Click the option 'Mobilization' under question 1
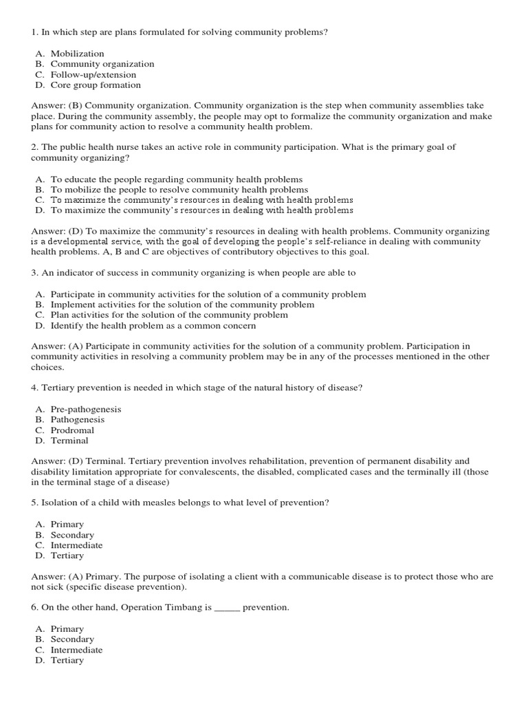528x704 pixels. tap(77, 54)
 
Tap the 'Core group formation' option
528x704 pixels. tap(95, 85)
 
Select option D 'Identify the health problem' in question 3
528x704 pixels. tap(153, 326)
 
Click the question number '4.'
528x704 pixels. tap(35, 388)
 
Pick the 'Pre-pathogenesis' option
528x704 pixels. tap(85, 409)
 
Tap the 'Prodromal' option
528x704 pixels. tap(72, 430)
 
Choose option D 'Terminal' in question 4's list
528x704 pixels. tap(69, 441)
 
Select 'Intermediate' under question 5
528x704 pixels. tap(76, 545)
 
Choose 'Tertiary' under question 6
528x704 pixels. tap(67, 660)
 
